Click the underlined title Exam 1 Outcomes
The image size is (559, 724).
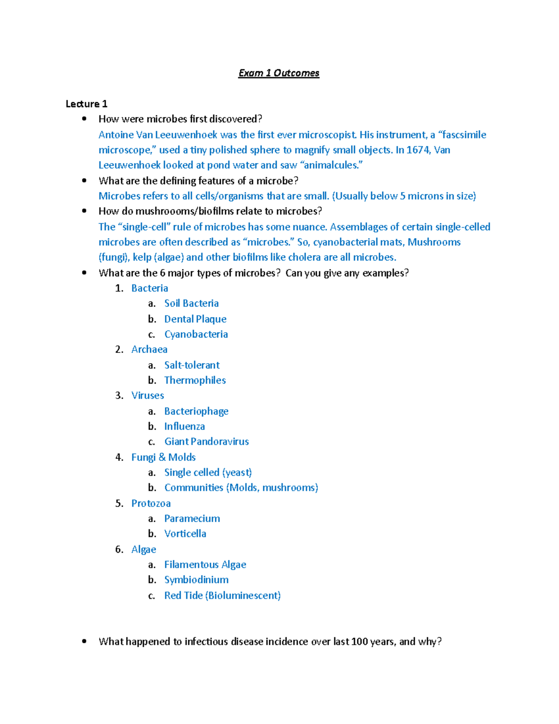(279, 73)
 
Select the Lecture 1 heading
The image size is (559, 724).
(86, 104)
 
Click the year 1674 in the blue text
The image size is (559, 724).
(419, 150)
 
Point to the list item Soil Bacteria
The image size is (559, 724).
(191, 303)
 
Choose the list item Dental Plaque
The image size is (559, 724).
(195, 319)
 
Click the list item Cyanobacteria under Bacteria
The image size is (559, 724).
(196, 334)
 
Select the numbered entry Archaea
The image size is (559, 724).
(149, 350)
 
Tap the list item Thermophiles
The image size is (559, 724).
(195, 380)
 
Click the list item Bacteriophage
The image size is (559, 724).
(196, 411)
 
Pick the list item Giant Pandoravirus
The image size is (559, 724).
(206, 441)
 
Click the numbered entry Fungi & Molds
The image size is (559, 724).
(163, 457)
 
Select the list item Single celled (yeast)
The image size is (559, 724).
(208, 473)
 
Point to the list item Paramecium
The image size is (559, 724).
(192, 518)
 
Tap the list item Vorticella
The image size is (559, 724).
(185, 534)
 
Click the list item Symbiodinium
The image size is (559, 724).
(196, 580)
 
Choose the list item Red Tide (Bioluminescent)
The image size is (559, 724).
(222, 595)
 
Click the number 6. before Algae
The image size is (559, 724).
(119, 550)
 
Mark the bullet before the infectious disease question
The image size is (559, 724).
(84, 641)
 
